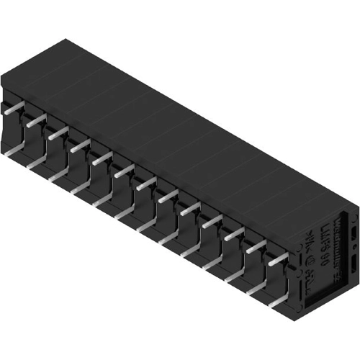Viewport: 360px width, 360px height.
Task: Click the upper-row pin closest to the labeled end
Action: pos(277,259)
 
